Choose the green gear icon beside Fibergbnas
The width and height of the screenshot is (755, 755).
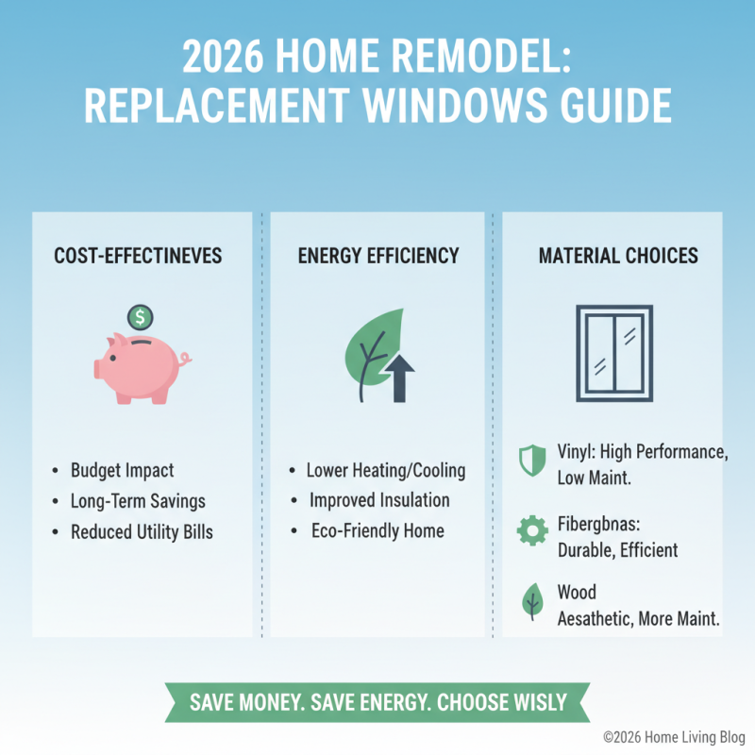[x=532, y=530]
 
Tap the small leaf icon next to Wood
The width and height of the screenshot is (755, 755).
[x=532, y=601]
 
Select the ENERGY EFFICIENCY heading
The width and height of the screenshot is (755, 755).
[x=378, y=256]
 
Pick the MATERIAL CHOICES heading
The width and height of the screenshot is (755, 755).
[x=618, y=256]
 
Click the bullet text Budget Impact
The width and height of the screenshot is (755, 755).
[x=123, y=470]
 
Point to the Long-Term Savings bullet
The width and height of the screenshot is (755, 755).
[x=138, y=501]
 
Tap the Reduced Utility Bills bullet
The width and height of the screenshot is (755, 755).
[x=142, y=532]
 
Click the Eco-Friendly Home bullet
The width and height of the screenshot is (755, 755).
[x=377, y=530]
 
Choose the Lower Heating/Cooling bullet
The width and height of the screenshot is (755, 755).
[x=386, y=470]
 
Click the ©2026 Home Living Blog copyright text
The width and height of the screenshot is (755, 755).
[x=674, y=737]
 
